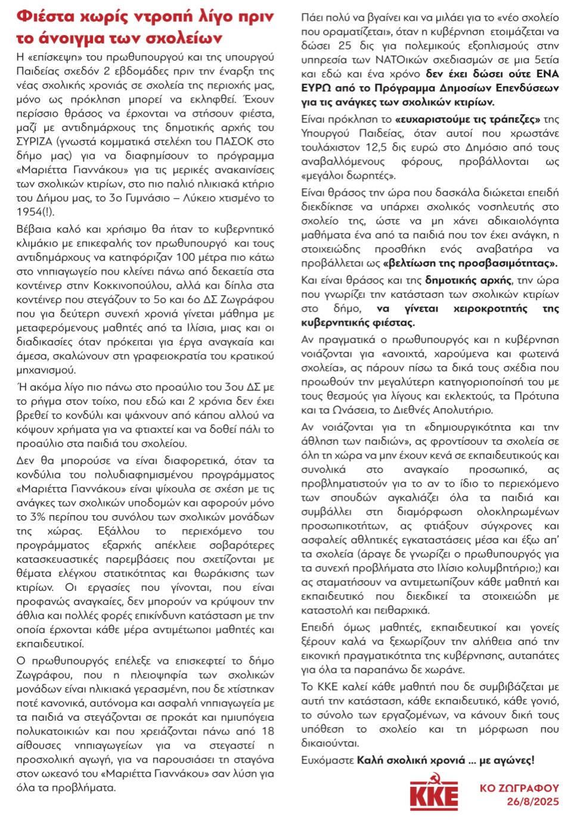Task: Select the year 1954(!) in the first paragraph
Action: pyautogui.click(x=35, y=212)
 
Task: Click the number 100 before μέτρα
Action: pyautogui.click(x=185, y=257)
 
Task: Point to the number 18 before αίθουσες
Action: pyautogui.click(x=268, y=731)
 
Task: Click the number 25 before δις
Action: pyautogui.click(x=345, y=45)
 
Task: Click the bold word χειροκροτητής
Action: pyautogui.click(x=490, y=309)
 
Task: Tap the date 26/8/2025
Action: pyautogui.click(x=532, y=802)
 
